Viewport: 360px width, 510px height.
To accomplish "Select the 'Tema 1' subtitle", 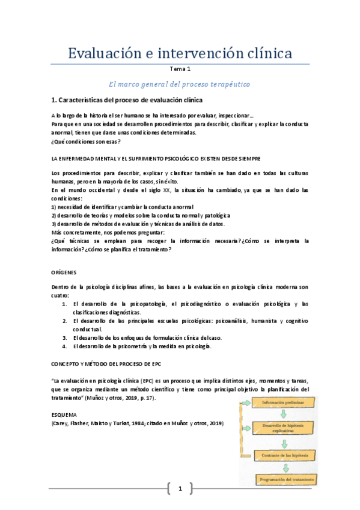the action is tap(180, 69).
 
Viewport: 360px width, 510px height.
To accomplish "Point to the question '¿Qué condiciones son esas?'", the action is tap(86, 141).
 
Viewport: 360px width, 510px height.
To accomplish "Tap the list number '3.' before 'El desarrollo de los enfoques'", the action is tap(64, 337).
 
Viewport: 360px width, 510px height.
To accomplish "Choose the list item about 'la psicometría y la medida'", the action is tap(142, 346).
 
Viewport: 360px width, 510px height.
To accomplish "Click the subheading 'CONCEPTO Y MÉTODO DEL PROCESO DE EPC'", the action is tap(106, 364).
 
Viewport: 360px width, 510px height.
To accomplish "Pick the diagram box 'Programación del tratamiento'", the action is tap(284, 479).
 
